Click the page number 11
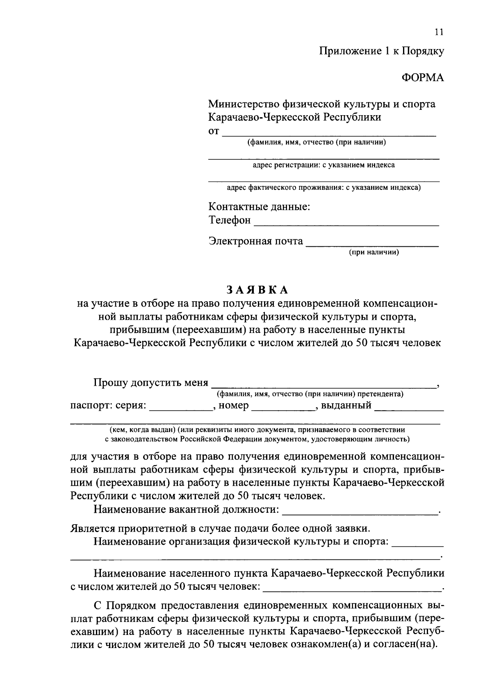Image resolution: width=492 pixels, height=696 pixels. pyautogui.click(x=440, y=32)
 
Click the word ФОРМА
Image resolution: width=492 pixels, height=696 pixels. pyautogui.click(x=422, y=78)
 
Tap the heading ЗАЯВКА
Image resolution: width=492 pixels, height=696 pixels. pyautogui.click(x=257, y=290)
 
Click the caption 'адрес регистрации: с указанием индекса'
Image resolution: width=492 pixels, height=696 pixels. pyautogui.click(x=323, y=165)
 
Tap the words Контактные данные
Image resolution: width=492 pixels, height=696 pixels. pyautogui.click(x=259, y=206)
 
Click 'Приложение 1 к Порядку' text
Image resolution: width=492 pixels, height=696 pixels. pyautogui.click(x=382, y=51)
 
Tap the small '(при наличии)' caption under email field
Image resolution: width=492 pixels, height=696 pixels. pyautogui.click(x=374, y=252)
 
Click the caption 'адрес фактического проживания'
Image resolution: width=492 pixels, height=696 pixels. pyautogui.click(x=324, y=188)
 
